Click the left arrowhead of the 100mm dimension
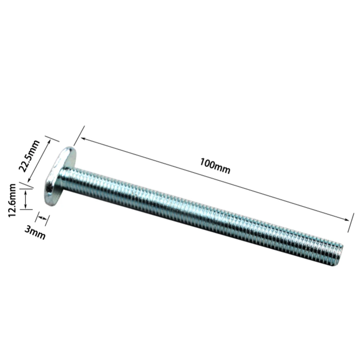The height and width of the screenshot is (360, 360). coord(82,139)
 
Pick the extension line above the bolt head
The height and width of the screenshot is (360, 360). coord(79,135)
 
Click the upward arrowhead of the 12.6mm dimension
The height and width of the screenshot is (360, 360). coord(26,193)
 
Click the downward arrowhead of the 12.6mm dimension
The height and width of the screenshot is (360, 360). coord(26,207)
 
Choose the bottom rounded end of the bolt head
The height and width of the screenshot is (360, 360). coord(50,202)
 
